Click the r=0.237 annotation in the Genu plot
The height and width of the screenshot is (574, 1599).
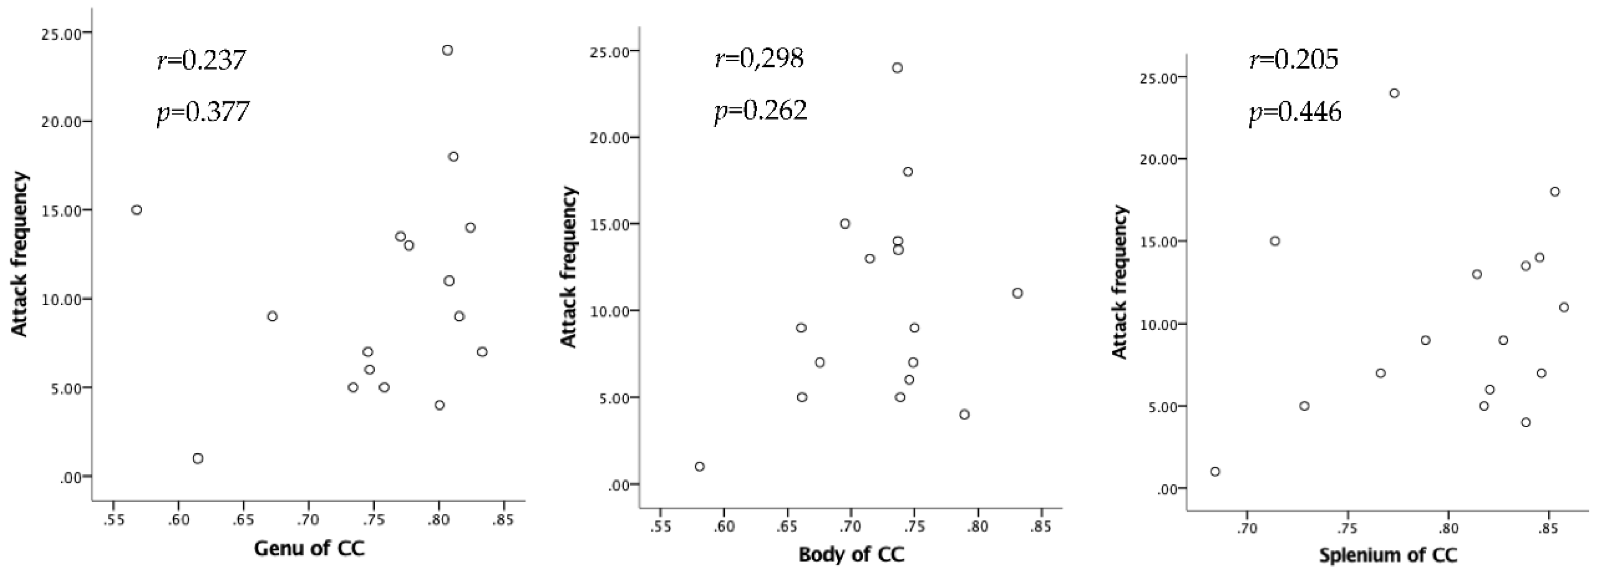click(x=201, y=61)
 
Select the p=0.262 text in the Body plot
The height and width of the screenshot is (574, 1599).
click(x=760, y=111)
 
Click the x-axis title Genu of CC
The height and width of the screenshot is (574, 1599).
click(x=308, y=548)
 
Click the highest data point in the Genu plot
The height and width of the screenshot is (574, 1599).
click(x=447, y=50)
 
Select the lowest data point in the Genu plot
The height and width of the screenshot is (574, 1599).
click(x=198, y=458)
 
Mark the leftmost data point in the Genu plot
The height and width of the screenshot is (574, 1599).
click(x=137, y=210)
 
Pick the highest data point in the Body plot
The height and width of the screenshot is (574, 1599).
click(x=897, y=68)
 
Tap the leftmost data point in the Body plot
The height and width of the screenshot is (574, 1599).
click(x=700, y=467)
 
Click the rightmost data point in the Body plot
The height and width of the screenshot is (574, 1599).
click(x=1017, y=293)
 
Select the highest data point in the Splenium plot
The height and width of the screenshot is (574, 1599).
click(x=1394, y=93)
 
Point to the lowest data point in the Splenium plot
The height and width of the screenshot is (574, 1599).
click(x=1216, y=472)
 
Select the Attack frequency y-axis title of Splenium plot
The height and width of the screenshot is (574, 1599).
click(x=1119, y=283)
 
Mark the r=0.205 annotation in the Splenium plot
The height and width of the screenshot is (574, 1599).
click(x=1294, y=59)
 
